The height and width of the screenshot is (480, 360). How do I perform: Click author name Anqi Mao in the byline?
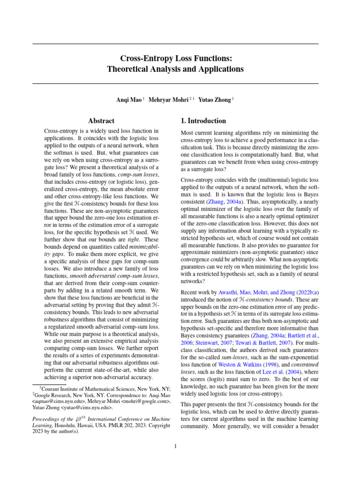(129, 99)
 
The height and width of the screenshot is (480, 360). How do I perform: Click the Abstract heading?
(102, 120)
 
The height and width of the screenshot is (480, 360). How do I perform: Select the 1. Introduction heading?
(203, 120)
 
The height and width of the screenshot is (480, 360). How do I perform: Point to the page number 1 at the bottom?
(175, 446)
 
